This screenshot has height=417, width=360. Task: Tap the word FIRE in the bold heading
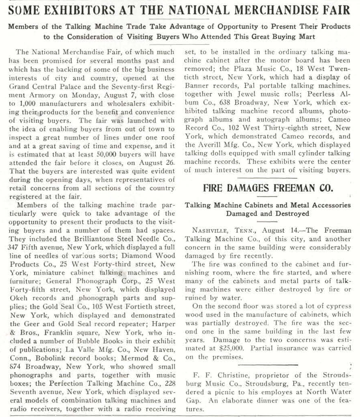[215, 188]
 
